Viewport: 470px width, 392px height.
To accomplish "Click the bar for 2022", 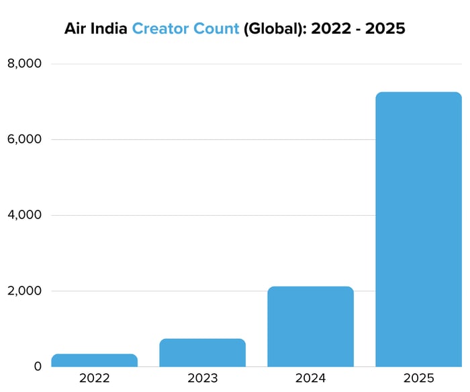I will click(94, 360).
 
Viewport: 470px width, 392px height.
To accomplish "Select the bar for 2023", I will click(202, 353).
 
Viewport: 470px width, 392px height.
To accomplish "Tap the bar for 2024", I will click(310, 327).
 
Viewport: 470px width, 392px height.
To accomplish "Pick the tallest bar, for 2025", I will click(418, 229).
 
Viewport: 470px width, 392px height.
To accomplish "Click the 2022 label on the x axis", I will click(94, 378).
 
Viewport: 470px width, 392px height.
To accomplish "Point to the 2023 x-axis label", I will click(202, 378).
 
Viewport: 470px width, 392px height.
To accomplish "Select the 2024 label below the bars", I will click(310, 378).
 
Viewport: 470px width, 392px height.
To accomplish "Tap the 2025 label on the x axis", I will click(418, 378).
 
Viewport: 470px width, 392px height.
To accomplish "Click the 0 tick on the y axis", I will click(36, 366).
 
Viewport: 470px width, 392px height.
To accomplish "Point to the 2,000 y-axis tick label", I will click(24, 291).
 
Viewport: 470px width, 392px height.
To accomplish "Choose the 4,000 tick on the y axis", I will click(24, 215).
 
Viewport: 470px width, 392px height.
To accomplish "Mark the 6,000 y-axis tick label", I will click(24, 140).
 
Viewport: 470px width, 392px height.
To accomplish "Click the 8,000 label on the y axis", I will click(24, 64).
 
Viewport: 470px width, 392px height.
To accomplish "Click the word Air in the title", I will click(76, 29).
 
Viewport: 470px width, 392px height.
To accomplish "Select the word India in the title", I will click(110, 29).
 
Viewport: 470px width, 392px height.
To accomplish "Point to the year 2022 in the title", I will click(329, 29).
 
